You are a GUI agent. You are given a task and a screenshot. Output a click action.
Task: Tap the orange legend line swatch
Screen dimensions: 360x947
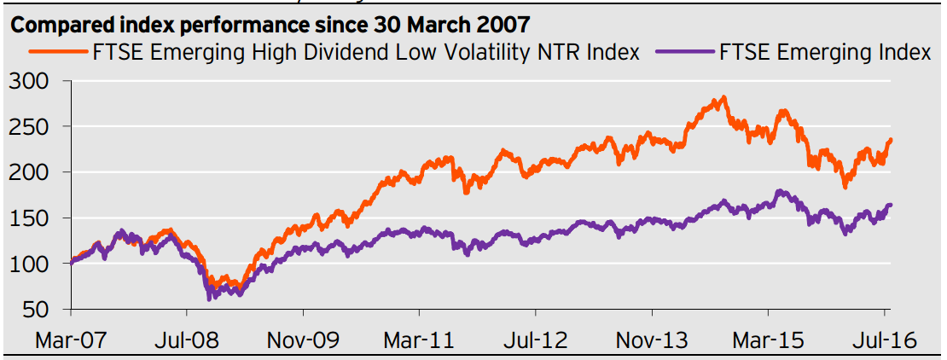click(x=59, y=53)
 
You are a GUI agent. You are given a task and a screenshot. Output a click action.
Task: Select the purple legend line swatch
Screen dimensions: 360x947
click(x=685, y=53)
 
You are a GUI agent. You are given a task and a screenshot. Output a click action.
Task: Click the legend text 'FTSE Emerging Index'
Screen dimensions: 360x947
click(x=825, y=53)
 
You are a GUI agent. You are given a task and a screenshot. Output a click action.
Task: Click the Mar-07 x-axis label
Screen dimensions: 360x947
click(x=71, y=340)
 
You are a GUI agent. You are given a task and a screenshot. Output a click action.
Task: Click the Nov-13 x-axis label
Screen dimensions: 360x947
click(x=652, y=340)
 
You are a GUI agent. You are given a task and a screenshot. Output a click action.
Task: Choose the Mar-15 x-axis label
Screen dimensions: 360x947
click(x=768, y=340)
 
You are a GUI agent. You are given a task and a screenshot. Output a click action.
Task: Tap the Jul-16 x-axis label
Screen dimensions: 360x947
click(x=884, y=340)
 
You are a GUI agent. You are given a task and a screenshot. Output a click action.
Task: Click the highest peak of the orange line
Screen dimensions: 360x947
click(x=724, y=97)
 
